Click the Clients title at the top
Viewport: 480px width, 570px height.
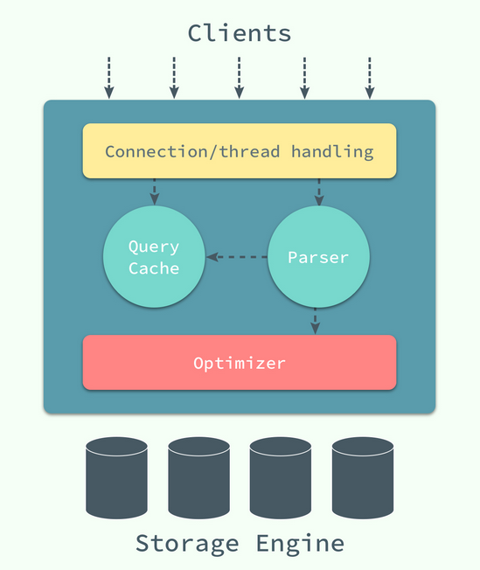click(x=240, y=33)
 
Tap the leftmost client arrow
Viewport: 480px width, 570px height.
click(x=109, y=78)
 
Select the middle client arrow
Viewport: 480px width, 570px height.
click(x=239, y=78)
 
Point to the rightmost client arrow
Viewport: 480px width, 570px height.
click(x=370, y=78)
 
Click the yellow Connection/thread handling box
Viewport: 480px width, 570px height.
click(x=240, y=151)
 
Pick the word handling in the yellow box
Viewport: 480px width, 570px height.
click(x=332, y=151)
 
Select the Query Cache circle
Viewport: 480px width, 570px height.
click(x=154, y=257)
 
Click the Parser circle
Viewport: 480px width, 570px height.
click(x=318, y=257)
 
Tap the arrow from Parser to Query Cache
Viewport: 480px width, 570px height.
click(x=237, y=257)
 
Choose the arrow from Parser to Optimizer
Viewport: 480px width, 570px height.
click(x=316, y=321)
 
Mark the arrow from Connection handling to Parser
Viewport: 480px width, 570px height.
click(x=319, y=192)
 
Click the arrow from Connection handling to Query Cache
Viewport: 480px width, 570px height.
click(x=155, y=191)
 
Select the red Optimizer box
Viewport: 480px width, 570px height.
click(x=240, y=363)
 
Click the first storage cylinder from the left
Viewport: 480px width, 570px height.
click(x=117, y=477)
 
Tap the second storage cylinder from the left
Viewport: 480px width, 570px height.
click(x=199, y=477)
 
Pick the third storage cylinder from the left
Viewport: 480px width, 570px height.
click(x=281, y=477)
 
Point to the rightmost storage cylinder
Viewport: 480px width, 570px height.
click(x=363, y=477)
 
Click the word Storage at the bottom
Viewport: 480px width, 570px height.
click(x=187, y=544)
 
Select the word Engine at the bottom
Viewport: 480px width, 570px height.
click(x=301, y=544)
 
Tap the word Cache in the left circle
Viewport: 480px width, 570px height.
click(x=154, y=268)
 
